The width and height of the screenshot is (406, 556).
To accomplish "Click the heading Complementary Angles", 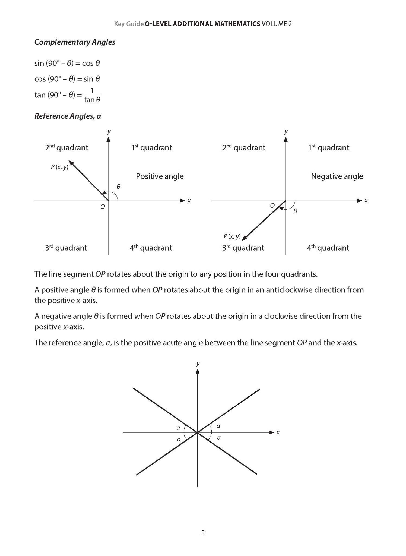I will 75,42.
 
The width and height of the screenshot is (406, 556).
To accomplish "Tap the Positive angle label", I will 160,176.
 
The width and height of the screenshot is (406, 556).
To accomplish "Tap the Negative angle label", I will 337,176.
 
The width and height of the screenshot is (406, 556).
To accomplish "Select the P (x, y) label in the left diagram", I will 59,167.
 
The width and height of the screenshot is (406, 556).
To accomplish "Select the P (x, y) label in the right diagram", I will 232,236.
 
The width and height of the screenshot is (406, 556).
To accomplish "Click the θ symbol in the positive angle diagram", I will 119,187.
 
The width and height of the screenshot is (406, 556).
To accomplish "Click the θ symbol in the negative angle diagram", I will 295,211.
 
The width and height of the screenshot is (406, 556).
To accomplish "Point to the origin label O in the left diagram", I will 103,207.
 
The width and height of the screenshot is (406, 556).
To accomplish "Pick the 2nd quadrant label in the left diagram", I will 66,147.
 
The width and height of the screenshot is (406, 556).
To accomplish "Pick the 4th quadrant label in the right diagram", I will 328,248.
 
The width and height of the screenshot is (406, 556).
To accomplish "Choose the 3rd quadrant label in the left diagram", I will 66,248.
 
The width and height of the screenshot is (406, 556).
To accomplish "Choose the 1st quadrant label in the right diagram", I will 329,147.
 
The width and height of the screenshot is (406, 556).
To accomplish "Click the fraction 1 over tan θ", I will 92,96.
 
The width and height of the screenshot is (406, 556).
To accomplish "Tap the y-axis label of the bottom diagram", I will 198,364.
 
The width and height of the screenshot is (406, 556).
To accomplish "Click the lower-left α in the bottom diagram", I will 179,439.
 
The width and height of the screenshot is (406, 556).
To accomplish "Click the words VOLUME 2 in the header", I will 277,24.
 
